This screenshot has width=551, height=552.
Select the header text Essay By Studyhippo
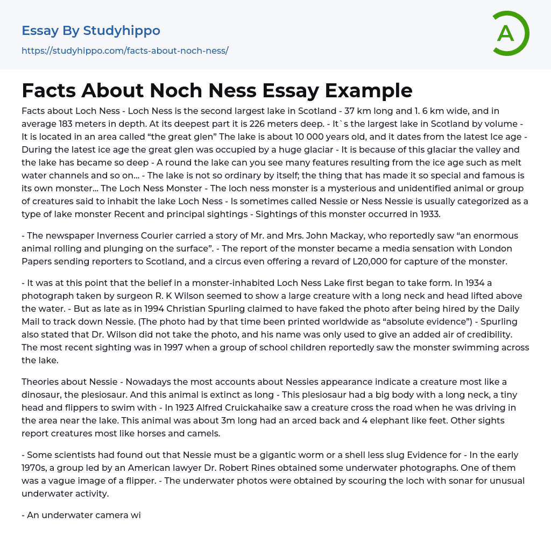click(x=91, y=31)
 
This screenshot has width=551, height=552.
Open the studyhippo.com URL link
click(x=125, y=51)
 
